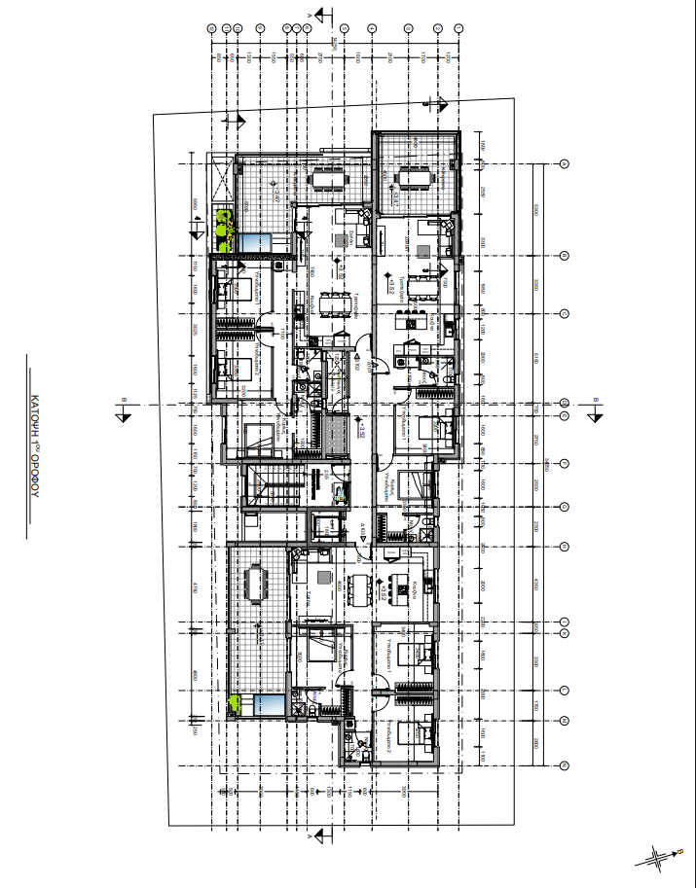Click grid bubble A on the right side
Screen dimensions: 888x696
point(565,164)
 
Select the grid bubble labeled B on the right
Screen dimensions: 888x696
point(565,256)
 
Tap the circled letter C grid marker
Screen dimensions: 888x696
point(565,313)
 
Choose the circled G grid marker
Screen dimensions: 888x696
point(565,506)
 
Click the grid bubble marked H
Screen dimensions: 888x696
point(565,546)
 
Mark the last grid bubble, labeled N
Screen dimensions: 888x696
point(565,765)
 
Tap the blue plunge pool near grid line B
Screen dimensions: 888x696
point(257,242)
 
